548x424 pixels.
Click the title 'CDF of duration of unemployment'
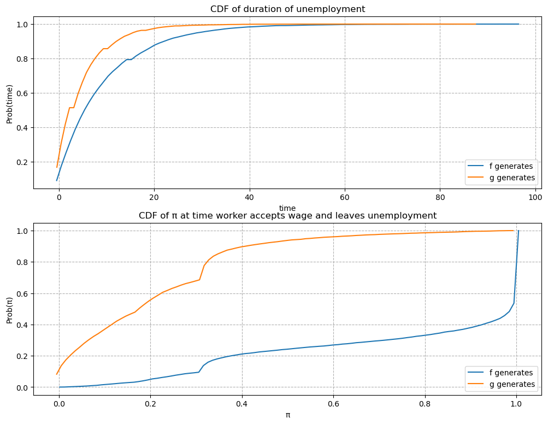click(x=287, y=9)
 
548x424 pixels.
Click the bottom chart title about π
click(x=287, y=215)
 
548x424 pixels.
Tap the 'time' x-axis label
click(x=287, y=208)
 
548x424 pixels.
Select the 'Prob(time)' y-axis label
click(x=9, y=104)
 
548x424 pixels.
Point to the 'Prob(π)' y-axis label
click(x=9, y=309)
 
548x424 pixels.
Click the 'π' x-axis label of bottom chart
click(x=287, y=415)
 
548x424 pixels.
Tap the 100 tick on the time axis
click(x=535, y=197)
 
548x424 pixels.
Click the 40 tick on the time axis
click(x=250, y=197)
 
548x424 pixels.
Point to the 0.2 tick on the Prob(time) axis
click(x=21, y=162)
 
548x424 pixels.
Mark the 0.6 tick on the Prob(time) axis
click(x=21, y=93)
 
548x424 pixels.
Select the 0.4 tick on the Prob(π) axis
click(x=21, y=325)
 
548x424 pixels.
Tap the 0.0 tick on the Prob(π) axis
click(x=21, y=387)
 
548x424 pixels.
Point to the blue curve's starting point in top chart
click(x=57, y=180)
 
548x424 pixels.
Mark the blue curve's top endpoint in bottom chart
click(x=518, y=231)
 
